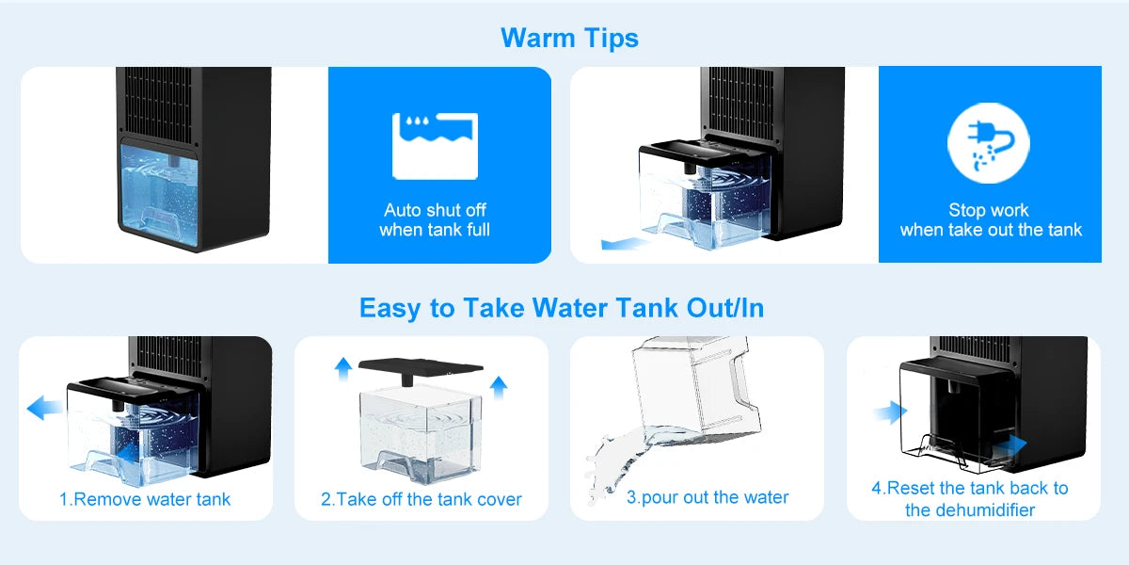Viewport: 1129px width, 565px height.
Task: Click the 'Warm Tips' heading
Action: click(x=569, y=39)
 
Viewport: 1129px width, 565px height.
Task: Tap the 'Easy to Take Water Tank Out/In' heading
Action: click(x=562, y=308)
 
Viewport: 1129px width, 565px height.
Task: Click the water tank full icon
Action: click(x=435, y=146)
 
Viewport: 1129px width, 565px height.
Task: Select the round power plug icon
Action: click(x=989, y=143)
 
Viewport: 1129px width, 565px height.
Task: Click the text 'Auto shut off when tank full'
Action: click(x=435, y=220)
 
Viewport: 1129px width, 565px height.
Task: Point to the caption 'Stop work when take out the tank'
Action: click(x=991, y=220)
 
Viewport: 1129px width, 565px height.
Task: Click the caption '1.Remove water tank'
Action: click(x=145, y=499)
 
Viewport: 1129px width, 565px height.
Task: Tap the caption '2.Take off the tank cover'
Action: click(x=421, y=499)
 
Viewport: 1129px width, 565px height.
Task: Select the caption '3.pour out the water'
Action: click(x=708, y=497)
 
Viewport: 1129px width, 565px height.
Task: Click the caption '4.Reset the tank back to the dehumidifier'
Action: click(x=970, y=499)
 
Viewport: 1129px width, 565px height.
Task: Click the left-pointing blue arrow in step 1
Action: click(x=44, y=408)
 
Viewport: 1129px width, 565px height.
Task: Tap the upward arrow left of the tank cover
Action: click(x=343, y=368)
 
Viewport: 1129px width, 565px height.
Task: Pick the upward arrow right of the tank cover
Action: click(x=499, y=387)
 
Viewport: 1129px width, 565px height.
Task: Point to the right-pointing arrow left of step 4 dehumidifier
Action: click(x=891, y=412)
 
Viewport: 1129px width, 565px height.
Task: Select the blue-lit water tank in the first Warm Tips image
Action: click(x=158, y=195)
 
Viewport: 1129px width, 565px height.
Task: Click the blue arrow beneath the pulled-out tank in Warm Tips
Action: click(x=625, y=244)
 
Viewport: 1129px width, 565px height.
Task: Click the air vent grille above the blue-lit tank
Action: click(x=158, y=105)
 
